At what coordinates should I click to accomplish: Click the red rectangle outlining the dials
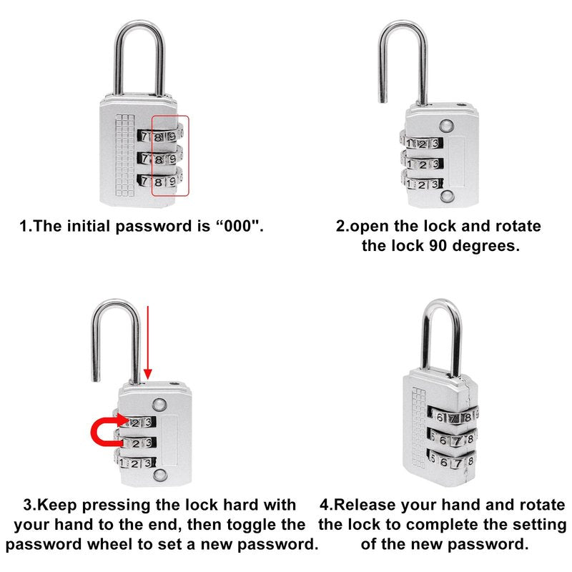click(x=152, y=156)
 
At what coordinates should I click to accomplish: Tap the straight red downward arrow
click(x=148, y=342)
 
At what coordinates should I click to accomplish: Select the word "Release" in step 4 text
click(x=365, y=505)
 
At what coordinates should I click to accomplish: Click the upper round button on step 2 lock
click(x=446, y=127)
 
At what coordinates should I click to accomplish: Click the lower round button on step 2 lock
click(x=446, y=196)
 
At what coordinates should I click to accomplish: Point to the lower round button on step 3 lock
click(x=160, y=475)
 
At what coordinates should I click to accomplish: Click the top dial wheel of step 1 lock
click(x=160, y=136)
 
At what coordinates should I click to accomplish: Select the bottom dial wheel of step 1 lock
click(x=160, y=181)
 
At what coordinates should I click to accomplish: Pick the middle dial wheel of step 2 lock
click(x=422, y=164)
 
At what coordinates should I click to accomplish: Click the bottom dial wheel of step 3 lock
click(x=136, y=463)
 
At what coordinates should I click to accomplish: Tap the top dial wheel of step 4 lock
click(x=453, y=417)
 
